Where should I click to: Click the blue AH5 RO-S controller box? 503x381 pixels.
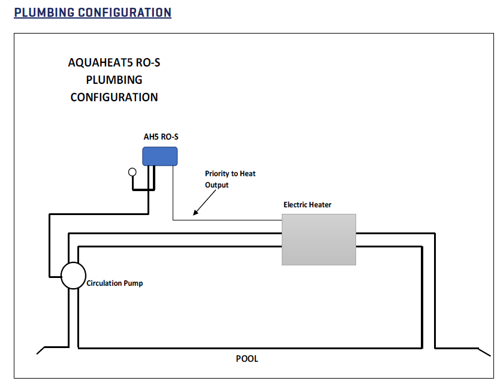pos(159,156)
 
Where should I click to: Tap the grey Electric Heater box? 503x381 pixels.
pos(319,239)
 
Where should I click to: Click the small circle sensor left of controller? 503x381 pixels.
pos(132,172)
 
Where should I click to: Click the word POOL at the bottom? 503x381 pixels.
pos(247,359)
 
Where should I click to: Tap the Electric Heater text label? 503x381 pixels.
pos(307,205)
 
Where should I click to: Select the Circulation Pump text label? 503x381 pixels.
pos(115,283)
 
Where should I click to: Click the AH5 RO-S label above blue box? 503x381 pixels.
pos(161,137)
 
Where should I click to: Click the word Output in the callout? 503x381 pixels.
pos(217,185)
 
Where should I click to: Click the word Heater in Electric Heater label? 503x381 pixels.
pos(320,205)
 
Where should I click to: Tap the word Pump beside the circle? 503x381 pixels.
pos(134,283)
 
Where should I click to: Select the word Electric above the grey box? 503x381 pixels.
pos(295,205)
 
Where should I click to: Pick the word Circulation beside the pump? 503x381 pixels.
pos(105,283)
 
